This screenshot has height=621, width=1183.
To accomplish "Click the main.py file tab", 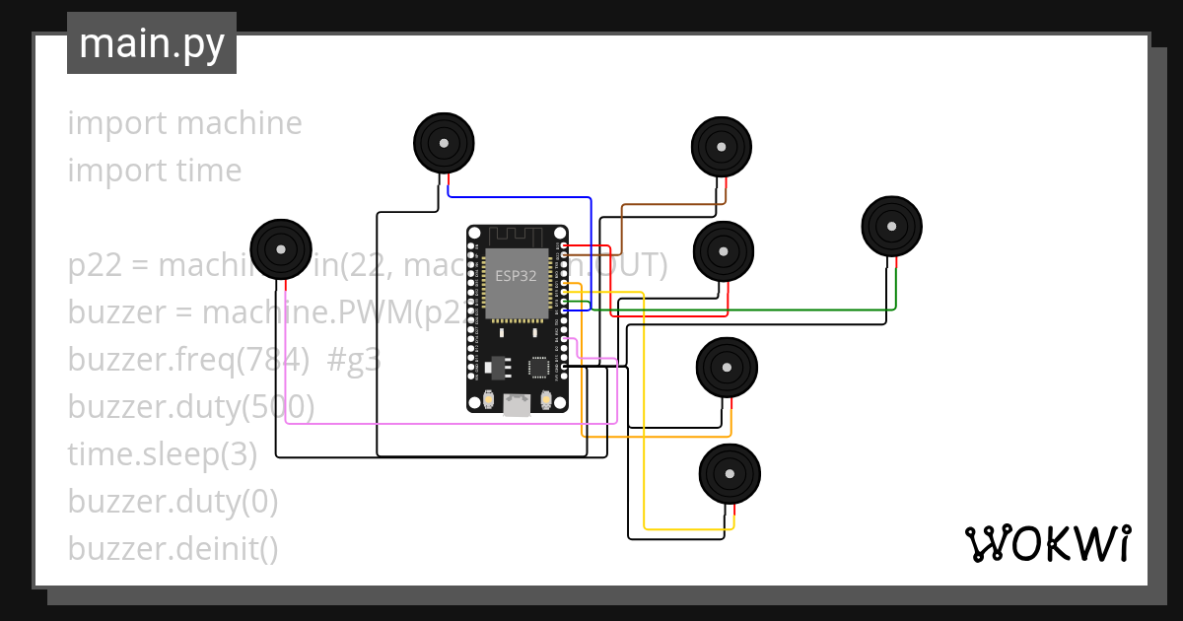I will [x=151, y=43].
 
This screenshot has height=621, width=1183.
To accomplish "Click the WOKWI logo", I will [x=1046, y=544].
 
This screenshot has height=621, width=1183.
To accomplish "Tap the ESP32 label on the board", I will [x=516, y=276].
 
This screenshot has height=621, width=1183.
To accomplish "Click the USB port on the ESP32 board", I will [x=517, y=404].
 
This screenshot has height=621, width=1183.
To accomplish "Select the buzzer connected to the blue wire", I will [x=444, y=144].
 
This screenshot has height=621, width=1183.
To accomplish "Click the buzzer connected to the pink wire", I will [x=281, y=248].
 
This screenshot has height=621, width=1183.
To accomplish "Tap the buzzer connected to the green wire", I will [x=892, y=227].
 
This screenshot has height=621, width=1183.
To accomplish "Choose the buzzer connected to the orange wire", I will [x=727, y=367].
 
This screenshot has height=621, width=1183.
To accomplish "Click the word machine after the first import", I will [x=240, y=123].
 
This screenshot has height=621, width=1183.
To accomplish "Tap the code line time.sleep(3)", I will [x=162, y=454].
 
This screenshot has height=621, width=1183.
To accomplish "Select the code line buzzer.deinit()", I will [x=173, y=549].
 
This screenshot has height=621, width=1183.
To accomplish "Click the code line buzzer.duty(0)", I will [x=173, y=502].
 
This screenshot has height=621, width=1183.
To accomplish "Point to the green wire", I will [x=749, y=310].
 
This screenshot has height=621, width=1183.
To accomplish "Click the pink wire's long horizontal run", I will [x=444, y=424].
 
